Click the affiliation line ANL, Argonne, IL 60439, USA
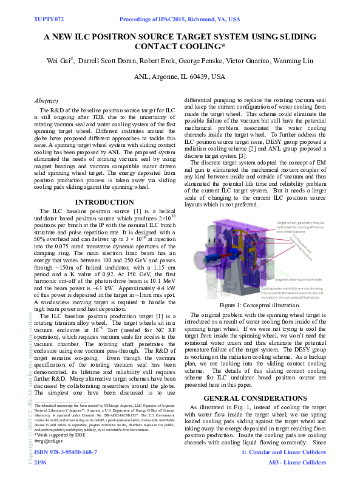[179, 77]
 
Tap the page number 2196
[40, 463]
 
